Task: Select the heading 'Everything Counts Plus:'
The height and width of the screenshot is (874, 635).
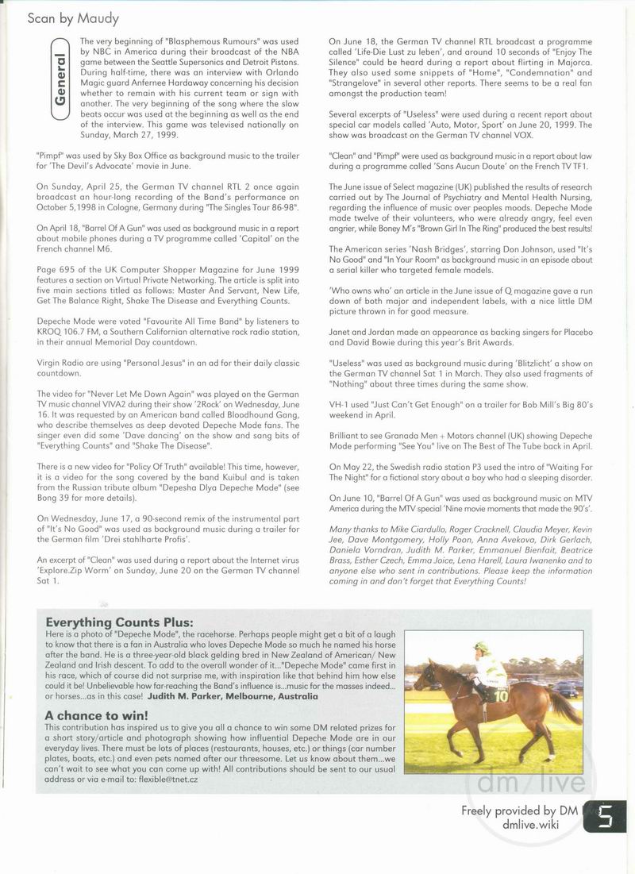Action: (x=119, y=622)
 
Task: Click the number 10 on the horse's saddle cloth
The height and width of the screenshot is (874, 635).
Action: (x=502, y=695)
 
